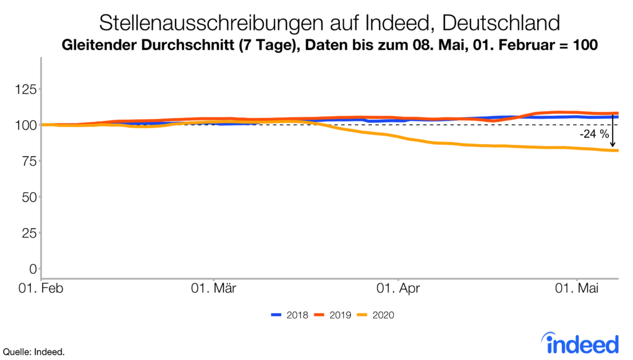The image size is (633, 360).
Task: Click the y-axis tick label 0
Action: click(31, 268)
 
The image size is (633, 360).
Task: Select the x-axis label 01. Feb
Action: click(42, 289)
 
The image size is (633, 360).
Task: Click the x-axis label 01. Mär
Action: click(213, 289)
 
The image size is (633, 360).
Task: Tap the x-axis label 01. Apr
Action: click(399, 289)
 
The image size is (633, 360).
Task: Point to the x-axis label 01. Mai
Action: click(577, 289)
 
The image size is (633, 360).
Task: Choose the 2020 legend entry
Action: click(375, 315)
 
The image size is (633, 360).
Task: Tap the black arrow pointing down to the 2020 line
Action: click(612, 133)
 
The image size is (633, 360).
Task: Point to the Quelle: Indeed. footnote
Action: click(34, 352)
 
